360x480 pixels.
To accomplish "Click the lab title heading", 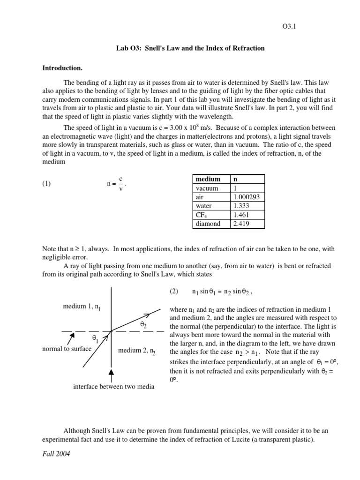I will (x=190, y=48).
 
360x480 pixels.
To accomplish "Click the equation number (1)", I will (x=46, y=184).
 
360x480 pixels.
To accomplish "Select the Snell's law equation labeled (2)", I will (x=223, y=292).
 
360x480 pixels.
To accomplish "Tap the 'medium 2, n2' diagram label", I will (x=137, y=351).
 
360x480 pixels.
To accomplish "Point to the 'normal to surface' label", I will (x=67, y=349).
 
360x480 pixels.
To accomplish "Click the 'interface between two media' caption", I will (x=113, y=387).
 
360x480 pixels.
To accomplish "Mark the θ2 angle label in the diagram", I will (x=143, y=324).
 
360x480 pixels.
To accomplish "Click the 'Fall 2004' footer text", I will (x=56, y=454).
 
